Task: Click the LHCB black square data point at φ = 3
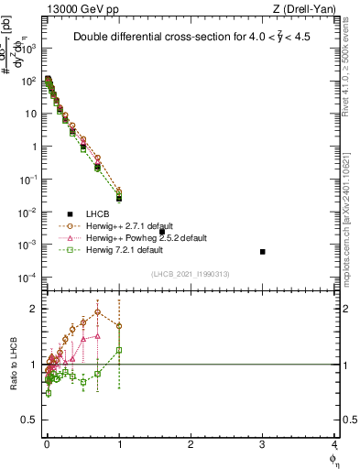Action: pyautogui.click(x=263, y=252)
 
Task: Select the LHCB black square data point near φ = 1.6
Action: pyautogui.click(x=162, y=232)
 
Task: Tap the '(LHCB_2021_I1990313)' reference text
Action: pyautogui.click(x=191, y=275)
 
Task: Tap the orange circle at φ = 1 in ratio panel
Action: pyautogui.click(x=119, y=326)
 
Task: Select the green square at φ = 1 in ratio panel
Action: pyautogui.click(x=119, y=350)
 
